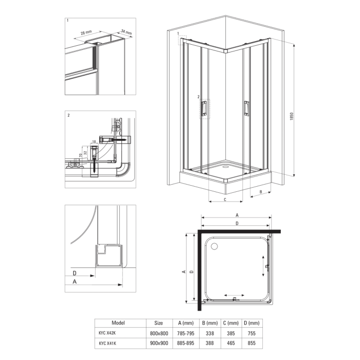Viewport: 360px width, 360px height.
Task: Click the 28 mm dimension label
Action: (86, 32)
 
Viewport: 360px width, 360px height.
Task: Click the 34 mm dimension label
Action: (127, 32)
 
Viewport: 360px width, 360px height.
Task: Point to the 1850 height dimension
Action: (292, 116)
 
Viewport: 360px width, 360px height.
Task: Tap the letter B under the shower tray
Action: (261, 192)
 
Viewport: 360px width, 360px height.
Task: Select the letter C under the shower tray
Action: (225, 200)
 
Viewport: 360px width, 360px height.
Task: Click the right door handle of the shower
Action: (246, 108)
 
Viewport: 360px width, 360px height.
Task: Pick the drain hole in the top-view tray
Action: (214, 246)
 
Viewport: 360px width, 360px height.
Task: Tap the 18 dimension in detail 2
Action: (94, 141)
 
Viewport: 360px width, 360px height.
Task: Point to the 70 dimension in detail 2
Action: (81, 155)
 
